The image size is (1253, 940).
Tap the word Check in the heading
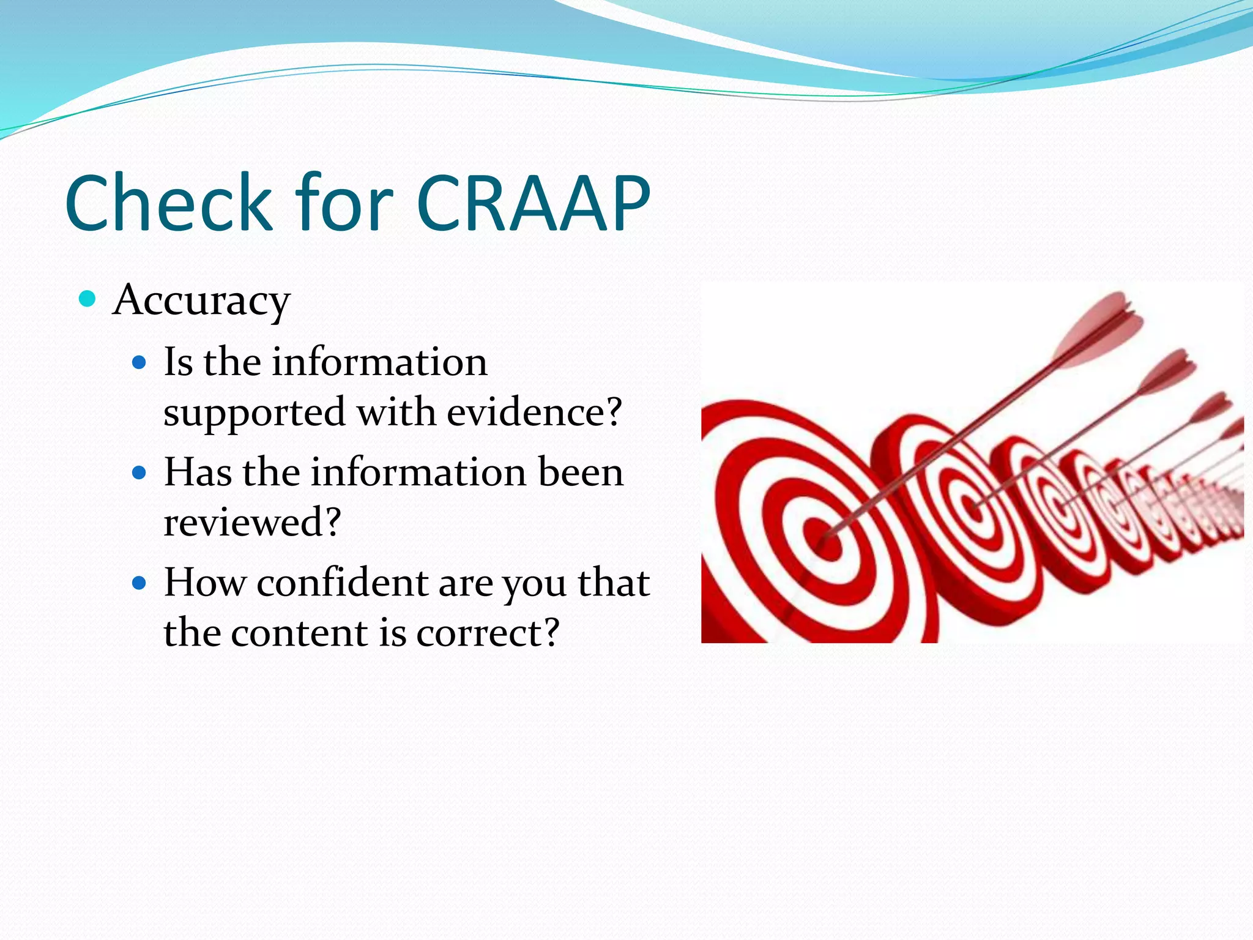tap(168, 203)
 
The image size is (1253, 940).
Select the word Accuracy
tap(201, 301)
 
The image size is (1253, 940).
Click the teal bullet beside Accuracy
tap(88, 299)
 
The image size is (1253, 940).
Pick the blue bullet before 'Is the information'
tap(139, 363)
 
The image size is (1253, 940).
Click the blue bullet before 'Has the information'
tap(139, 473)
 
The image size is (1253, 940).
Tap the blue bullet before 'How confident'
tap(139, 583)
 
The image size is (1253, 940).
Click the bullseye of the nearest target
tap(827, 539)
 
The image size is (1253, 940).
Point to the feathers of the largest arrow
tap(1101, 330)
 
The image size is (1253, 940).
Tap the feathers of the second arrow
tap(1169, 370)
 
